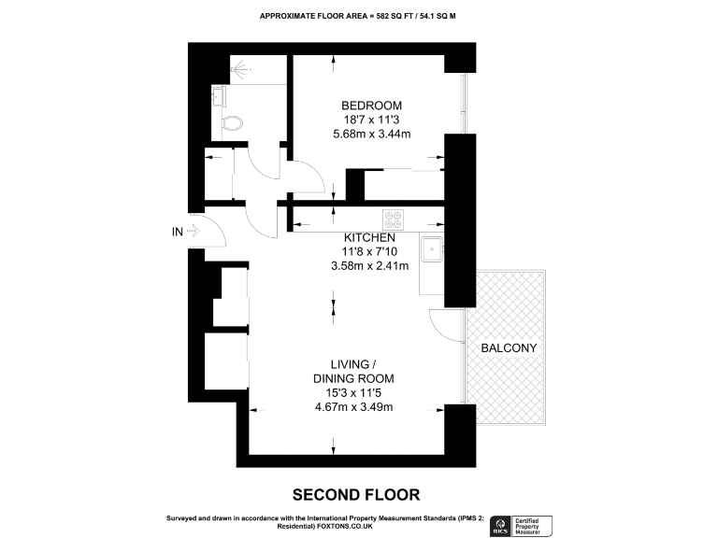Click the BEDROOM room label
coord(371,104)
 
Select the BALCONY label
coord(509,348)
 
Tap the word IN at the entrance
coord(177,231)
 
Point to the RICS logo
coord(502,524)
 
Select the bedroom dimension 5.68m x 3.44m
coord(371,134)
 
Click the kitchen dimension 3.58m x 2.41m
coord(371,266)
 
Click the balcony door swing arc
coord(440,321)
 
